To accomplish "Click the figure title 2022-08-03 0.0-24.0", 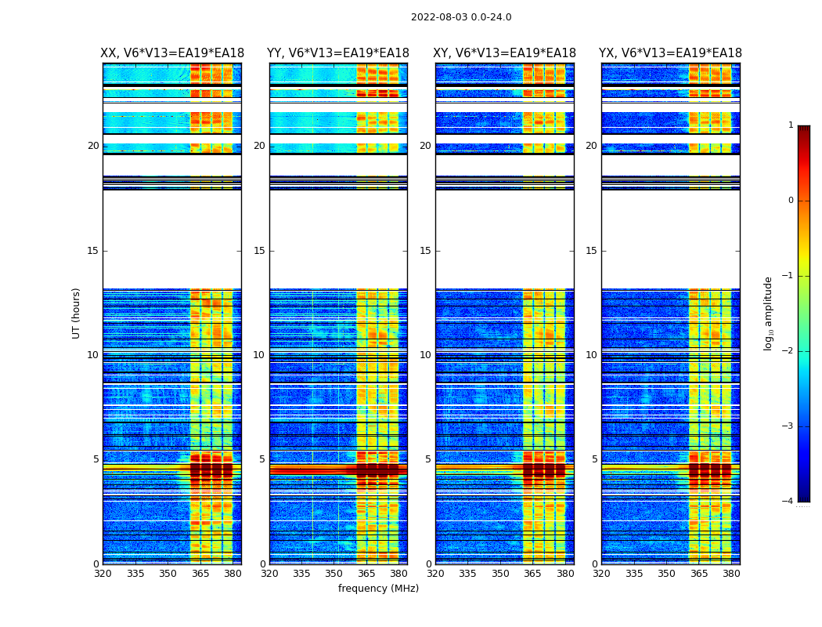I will click(x=461, y=17).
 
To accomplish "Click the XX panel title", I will click(x=172, y=53).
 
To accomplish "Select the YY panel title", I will click(x=338, y=53).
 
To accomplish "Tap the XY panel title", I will click(x=505, y=53).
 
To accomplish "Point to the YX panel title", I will click(x=671, y=53).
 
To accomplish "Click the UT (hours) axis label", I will click(x=76, y=313).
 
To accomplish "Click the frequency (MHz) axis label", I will click(x=378, y=589).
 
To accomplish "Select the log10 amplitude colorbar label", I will click(x=769, y=313).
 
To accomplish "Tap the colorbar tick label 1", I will click(x=790, y=125).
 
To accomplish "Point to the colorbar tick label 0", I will click(x=790, y=201).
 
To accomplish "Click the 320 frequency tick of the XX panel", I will click(x=103, y=574).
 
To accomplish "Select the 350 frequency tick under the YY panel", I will click(x=334, y=574).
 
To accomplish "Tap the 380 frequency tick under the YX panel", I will click(x=731, y=574).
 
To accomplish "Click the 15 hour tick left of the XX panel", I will click(x=93, y=251).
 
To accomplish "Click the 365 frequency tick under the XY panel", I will click(x=532, y=574).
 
